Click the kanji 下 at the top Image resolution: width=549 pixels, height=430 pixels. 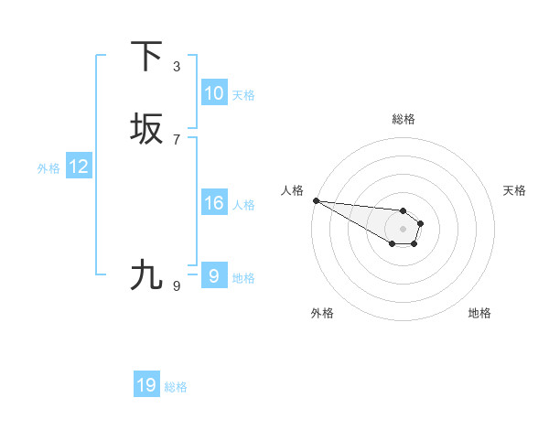point(146,56)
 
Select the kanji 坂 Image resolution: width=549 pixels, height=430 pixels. point(146,129)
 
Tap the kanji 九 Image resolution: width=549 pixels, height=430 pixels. point(146,274)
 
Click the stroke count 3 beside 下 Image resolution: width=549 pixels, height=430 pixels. point(177,66)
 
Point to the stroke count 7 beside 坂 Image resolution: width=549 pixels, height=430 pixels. point(177,139)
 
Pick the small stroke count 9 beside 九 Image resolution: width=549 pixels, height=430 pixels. point(177,285)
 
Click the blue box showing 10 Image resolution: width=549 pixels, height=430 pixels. point(214,93)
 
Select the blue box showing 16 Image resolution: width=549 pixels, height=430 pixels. point(214,203)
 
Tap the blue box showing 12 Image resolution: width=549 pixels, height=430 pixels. point(79,167)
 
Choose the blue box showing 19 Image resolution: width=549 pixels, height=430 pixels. point(146,385)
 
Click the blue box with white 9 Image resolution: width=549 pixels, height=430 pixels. point(214,276)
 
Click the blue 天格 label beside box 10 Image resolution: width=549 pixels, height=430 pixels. point(243,95)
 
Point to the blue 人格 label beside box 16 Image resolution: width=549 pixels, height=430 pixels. point(243,205)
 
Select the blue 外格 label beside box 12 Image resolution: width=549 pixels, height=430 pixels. point(48,168)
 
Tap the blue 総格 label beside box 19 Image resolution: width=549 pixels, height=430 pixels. point(176,387)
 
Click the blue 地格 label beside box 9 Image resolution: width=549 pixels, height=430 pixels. point(243,278)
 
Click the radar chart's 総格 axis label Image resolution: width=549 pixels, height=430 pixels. point(404,119)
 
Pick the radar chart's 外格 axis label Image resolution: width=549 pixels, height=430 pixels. point(322,313)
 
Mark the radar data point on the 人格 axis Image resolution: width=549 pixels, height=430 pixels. point(316,200)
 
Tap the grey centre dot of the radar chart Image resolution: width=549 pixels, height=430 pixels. point(404,229)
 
